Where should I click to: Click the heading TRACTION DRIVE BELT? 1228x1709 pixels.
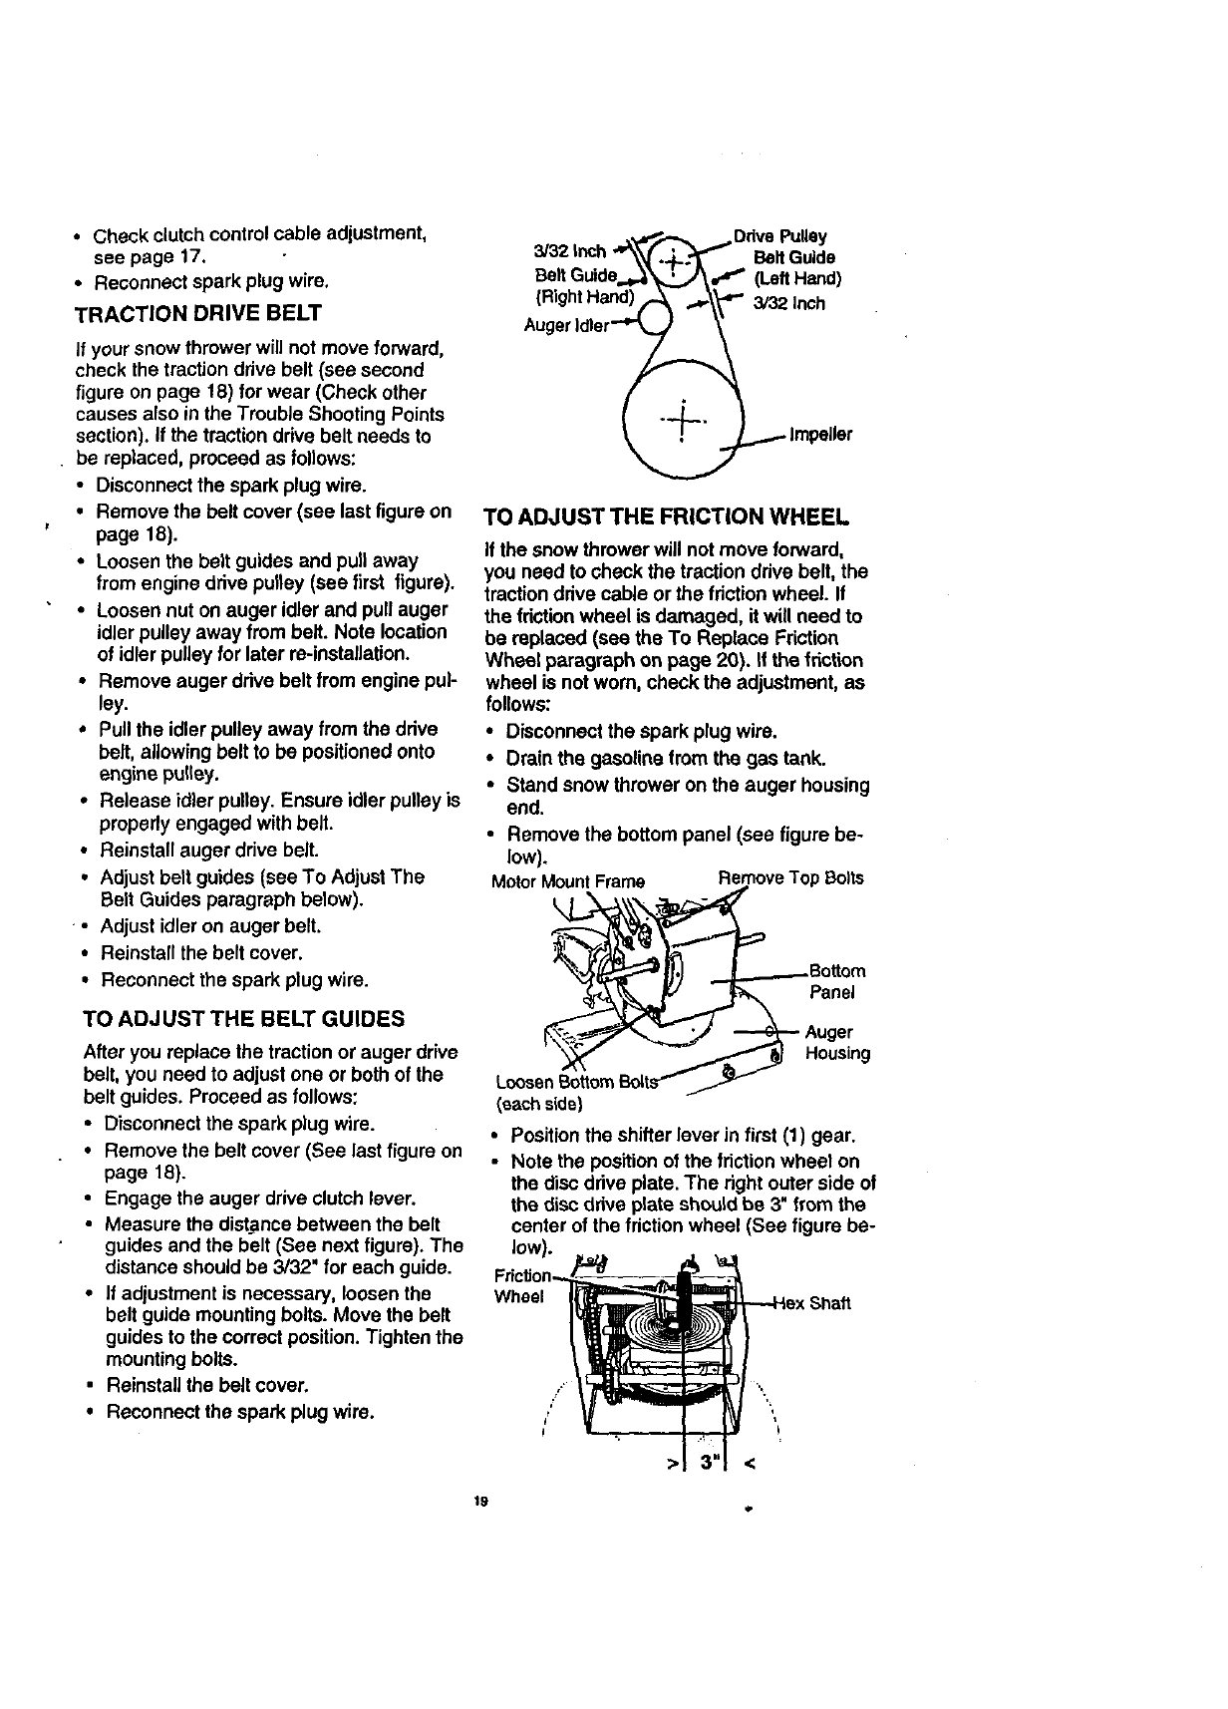198,313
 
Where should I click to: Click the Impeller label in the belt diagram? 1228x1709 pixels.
820,436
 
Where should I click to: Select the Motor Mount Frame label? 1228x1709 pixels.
568,881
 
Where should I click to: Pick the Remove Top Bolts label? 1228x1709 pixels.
790,878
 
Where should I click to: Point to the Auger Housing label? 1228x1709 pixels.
837,1043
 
